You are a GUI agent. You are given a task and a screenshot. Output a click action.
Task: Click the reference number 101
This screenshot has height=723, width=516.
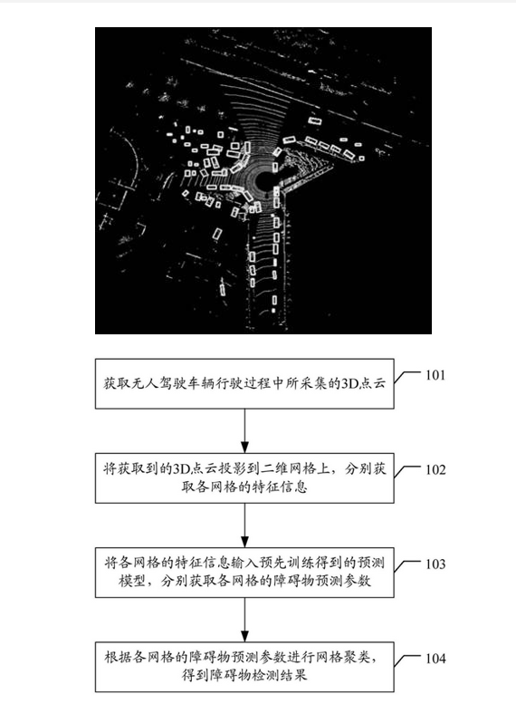point(435,375)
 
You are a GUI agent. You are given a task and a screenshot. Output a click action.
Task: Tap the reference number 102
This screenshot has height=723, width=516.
point(435,470)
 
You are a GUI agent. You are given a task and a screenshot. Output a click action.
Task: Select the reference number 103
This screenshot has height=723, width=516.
point(435,564)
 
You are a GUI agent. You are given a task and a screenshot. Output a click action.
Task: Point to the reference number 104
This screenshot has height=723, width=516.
point(435,659)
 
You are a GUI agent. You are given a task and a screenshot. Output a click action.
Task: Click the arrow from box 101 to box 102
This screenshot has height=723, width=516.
point(244,430)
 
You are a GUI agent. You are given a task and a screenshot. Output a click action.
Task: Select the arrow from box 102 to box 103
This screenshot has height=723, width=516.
point(244,525)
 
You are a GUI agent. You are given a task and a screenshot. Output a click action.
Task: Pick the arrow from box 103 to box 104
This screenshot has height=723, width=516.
point(244,620)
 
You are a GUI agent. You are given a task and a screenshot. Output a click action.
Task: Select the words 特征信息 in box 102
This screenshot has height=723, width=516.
point(280,487)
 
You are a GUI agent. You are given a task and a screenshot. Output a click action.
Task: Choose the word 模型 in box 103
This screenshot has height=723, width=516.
point(132,581)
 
